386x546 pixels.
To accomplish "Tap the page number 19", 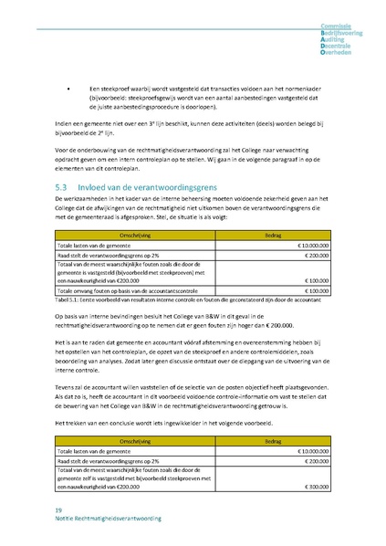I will (59, 509).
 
